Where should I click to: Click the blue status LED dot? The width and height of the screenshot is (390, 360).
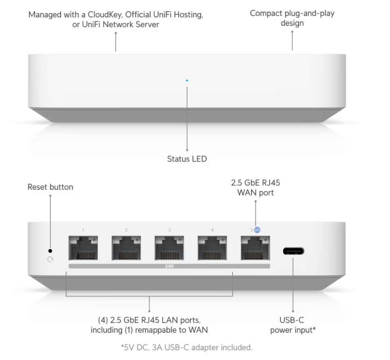pos(187,81)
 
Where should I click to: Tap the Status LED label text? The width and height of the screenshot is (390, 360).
pos(187,159)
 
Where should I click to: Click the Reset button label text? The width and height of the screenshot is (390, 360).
pos(50,187)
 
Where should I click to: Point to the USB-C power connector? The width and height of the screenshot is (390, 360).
pos(293,251)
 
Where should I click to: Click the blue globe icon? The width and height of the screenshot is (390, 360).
pos(257,230)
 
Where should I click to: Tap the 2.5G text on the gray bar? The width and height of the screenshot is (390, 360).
pos(169,266)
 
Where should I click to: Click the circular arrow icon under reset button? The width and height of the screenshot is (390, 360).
pos(50,260)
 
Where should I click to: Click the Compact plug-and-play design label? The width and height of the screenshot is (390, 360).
pos(292,18)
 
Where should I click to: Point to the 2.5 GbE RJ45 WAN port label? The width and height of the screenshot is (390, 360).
pos(255,187)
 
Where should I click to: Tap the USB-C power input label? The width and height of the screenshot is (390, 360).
pos(293,325)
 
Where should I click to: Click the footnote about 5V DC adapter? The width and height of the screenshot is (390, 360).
pos(187,347)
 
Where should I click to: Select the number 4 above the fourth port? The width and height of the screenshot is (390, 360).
pos(212,230)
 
